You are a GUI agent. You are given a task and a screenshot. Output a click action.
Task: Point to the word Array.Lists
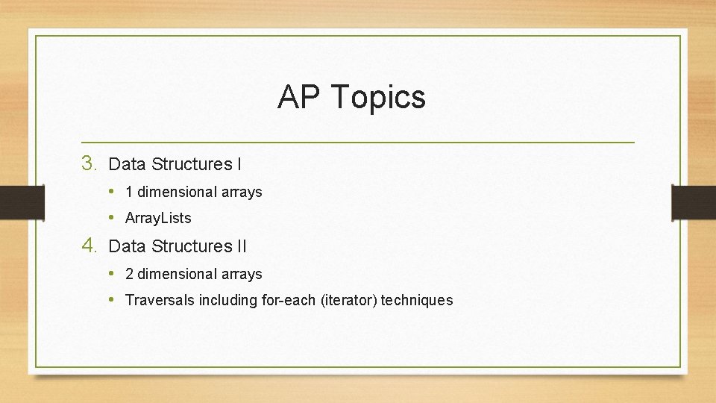coord(158,218)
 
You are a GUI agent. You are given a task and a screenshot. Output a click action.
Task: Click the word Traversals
coord(160,300)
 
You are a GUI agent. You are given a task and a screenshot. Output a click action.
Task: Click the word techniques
coord(417,300)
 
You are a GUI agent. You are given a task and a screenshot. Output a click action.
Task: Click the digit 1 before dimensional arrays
coord(129,192)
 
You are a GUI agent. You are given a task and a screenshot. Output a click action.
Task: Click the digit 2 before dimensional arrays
coord(129,274)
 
